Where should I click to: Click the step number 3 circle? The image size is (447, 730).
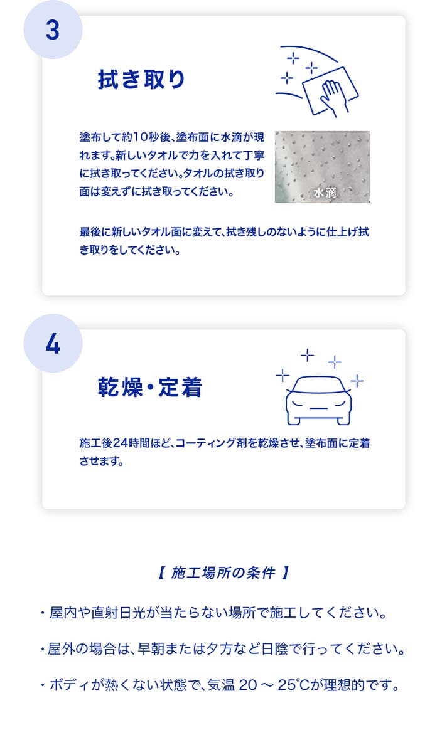tap(53, 30)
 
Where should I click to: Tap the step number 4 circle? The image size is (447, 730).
tap(53, 344)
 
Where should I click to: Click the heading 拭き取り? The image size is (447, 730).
tap(142, 79)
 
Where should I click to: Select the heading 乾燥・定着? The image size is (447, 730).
tap(149, 388)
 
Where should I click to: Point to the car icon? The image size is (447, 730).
tap(319, 400)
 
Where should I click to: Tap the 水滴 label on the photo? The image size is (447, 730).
tap(325, 193)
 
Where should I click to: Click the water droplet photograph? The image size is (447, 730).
tap(323, 167)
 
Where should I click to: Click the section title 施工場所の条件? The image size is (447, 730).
tap(223, 573)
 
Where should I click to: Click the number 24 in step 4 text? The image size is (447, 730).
tap(121, 443)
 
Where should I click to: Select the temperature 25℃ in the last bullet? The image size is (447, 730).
tap(291, 685)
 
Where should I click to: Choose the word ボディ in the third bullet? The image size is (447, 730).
tap(70, 685)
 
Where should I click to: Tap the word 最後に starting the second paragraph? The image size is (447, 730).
tap(95, 232)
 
